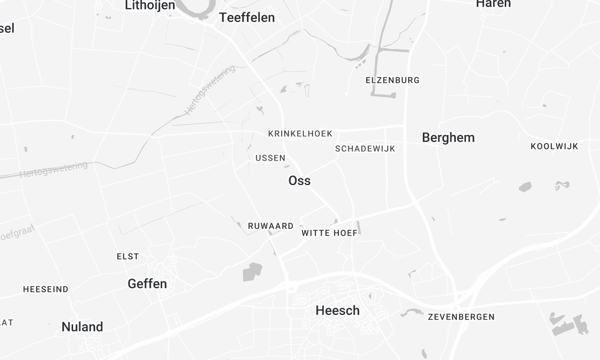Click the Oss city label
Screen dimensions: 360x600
(299, 181)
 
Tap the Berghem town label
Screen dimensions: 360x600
(448, 137)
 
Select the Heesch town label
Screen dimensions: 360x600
(337, 311)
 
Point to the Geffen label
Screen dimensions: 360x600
(147, 284)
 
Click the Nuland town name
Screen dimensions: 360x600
(82, 327)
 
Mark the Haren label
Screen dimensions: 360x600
(493, 4)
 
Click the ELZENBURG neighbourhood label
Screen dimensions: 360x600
(392, 80)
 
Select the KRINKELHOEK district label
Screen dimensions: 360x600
(300, 133)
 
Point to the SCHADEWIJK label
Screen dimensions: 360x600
(365, 148)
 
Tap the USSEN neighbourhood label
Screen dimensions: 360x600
(270, 158)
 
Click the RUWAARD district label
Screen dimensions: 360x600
(269, 227)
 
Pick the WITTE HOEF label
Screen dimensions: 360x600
(329, 233)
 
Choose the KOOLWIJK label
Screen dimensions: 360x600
(554, 146)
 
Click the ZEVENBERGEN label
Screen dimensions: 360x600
(461, 316)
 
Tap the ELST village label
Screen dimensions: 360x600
(128, 257)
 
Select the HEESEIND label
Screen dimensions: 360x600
(46, 289)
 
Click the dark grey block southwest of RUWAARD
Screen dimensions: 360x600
(252, 270)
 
